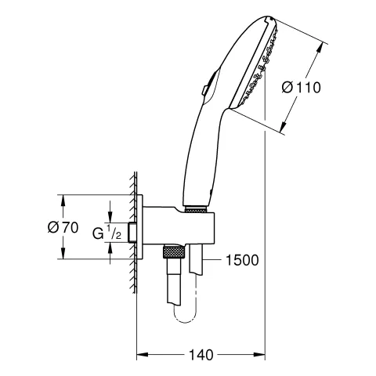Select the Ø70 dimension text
pyautogui.click(x=63, y=227)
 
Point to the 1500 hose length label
pyautogui.click(x=241, y=259)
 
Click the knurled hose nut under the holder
pyautogui.click(x=174, y=251)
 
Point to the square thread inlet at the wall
pyautogui.click(x=135, y=232)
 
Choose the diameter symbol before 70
pyautogui.click(x=52, y=227)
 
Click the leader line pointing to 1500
pyautogui.click(x=211, y=259)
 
